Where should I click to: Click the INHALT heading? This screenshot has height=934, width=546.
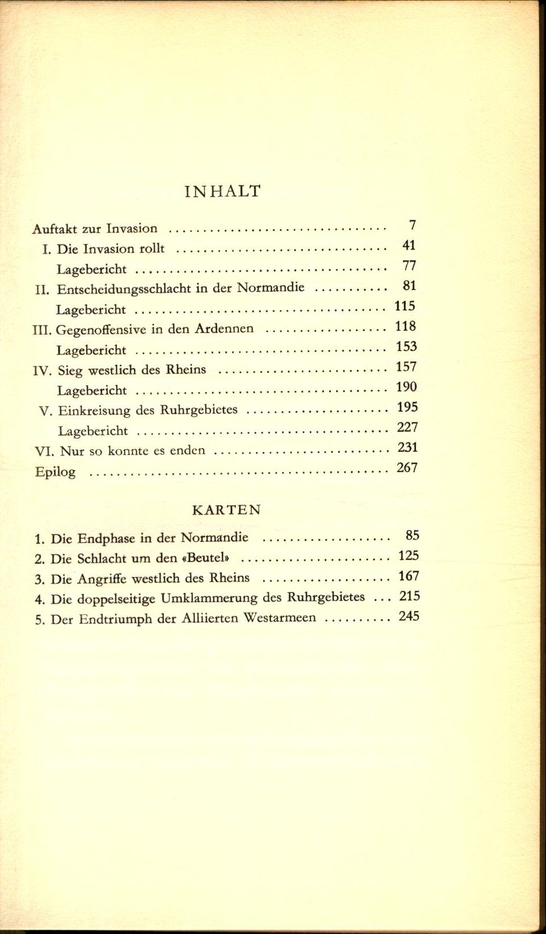[223, 191]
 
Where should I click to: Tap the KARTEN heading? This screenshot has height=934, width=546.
[227, 509]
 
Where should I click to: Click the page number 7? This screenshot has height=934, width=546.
[412, 225]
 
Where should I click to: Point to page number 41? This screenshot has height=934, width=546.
[409, 246]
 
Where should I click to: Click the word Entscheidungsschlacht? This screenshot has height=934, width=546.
[124, 289]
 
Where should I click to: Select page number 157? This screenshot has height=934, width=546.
[406, 367]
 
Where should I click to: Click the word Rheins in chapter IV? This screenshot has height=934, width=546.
[185, 369]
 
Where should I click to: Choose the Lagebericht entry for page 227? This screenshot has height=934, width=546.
[93, 431]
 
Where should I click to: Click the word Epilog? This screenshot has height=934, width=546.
[55, 472]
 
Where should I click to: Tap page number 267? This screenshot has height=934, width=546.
[407, 468]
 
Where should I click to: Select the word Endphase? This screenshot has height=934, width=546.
[106, 539]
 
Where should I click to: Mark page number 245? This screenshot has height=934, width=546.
[409, 616]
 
